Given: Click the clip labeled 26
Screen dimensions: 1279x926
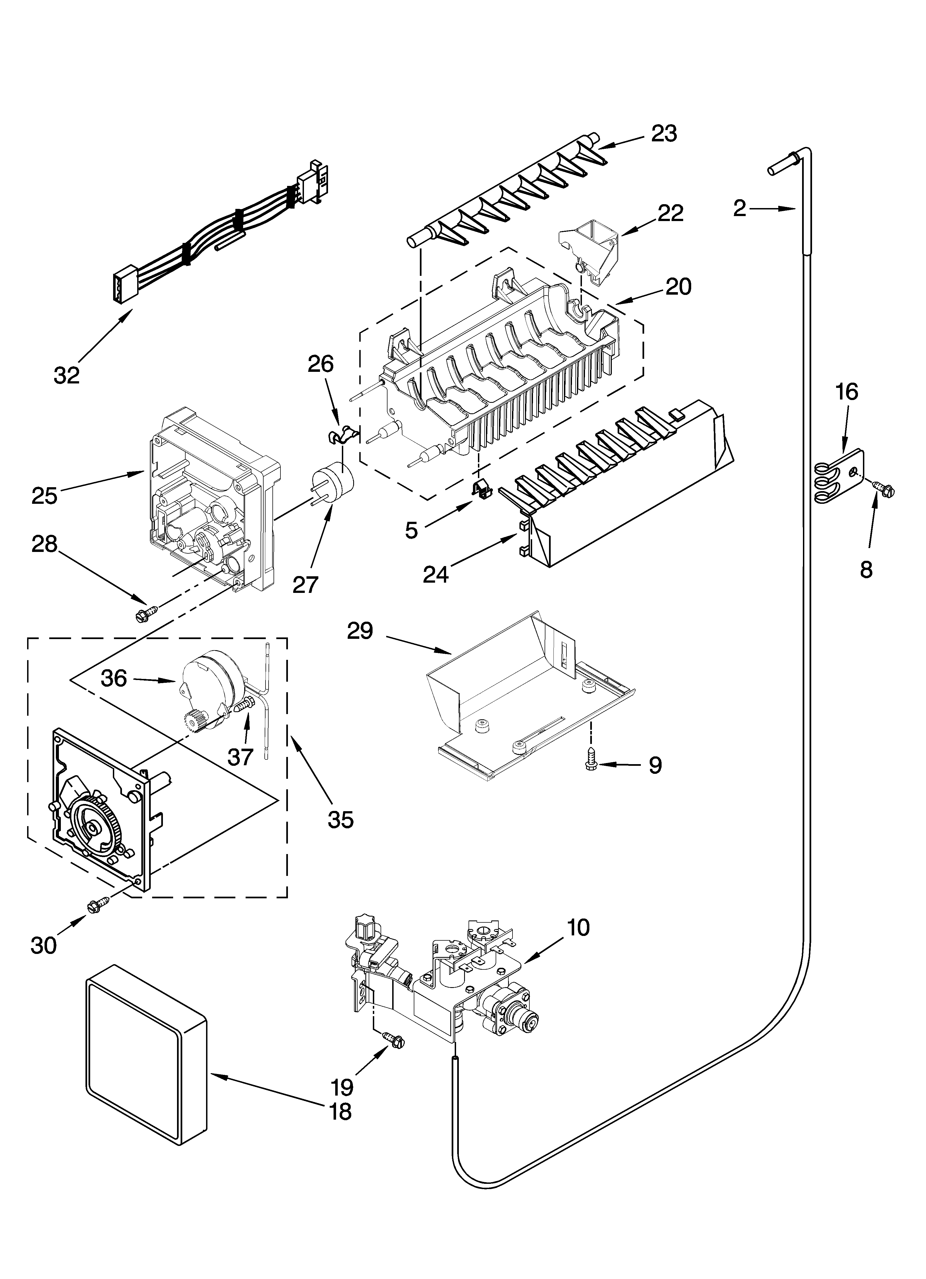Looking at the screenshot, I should pyautogui.click(x=341, y=434).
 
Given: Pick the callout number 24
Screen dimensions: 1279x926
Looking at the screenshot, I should pyautogui.click(x=436, y=574).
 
